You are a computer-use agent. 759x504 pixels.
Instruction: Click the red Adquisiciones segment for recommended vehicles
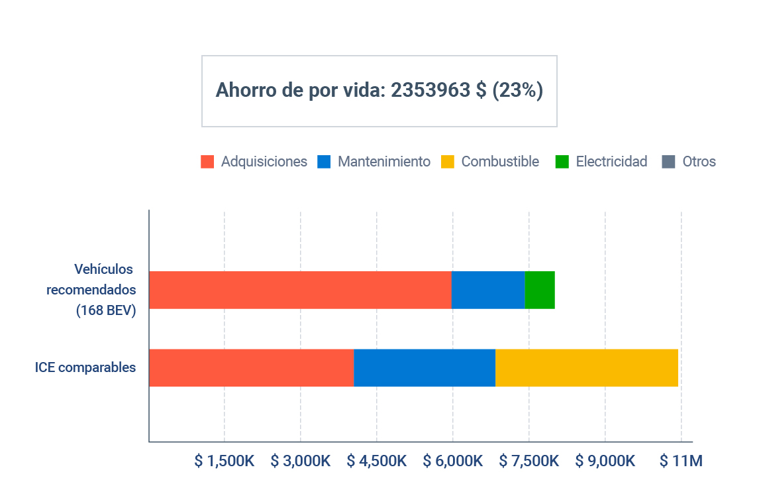click(x=300, y=290)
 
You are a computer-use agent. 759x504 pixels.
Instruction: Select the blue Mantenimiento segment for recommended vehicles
click(x=488, y=290)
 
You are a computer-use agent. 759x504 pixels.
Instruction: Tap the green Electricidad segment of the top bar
click(x=540, y=290)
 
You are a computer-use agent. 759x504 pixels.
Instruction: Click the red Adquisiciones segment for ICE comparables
click(x=251, y=367)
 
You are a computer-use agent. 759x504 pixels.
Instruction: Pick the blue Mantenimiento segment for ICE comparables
click(x=425, y=367)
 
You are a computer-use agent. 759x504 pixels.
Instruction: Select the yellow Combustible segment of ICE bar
click(x=587, y=367)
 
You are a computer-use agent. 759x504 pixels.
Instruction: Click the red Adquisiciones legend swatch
click(x=207, y=162)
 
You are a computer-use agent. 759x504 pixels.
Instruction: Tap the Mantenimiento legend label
click(x=383, y=162)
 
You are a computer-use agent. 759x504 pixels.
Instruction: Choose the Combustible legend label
click(x=500, y=162)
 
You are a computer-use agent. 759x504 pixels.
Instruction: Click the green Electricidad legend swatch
click(x=562, y=162)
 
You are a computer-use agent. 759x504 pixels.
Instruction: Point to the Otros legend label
click(x=699, y=162)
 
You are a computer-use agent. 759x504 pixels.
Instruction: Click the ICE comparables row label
click(x=85, y=367)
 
